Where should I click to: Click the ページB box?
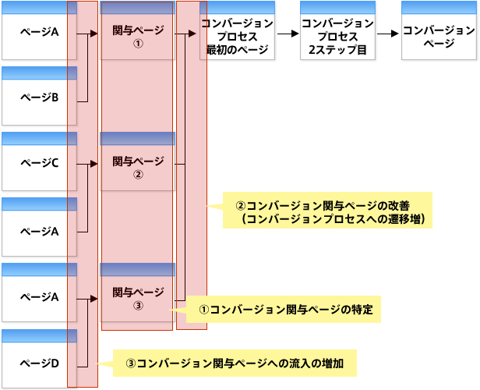coord(39,97)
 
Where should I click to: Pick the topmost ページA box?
coord(39,32)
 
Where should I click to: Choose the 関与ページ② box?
coord(137,166)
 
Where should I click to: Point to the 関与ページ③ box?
coord(137,298)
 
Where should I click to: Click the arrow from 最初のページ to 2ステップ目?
coord(288,34)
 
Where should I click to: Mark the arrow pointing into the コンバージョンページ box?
coord(388,34)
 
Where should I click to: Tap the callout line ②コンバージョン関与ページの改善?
coord(327,206)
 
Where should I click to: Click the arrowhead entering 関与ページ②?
coord(97,165)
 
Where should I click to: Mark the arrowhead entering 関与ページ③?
coord(97,297)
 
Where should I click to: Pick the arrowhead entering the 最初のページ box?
coord(195,34)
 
